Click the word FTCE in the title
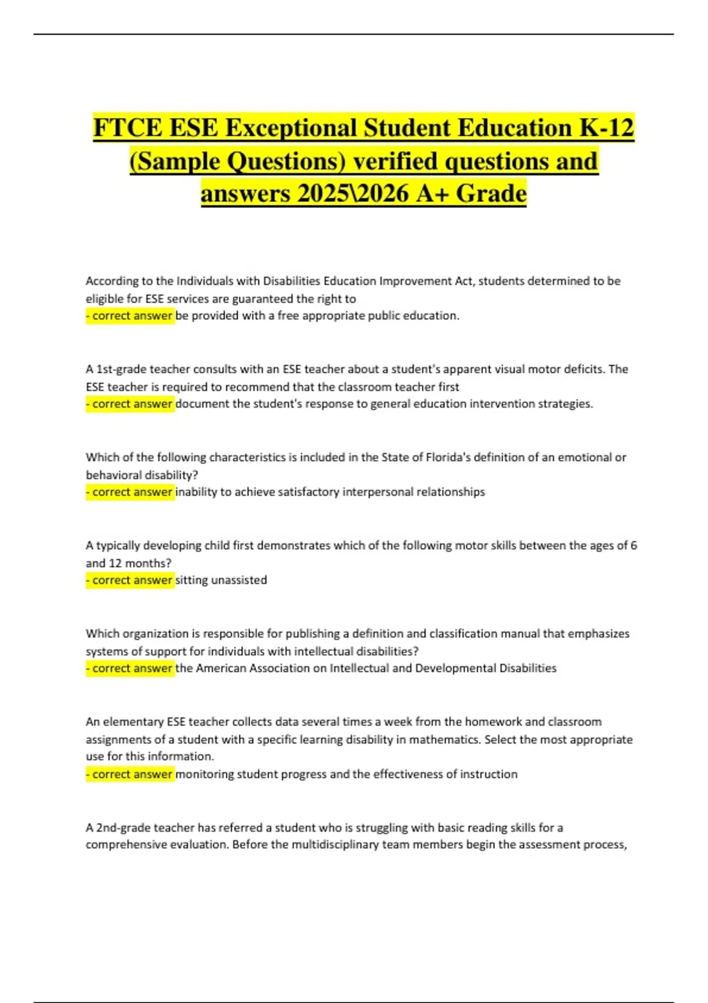[126, 128]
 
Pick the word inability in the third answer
[196, 492]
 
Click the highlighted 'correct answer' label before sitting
[130, 580]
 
